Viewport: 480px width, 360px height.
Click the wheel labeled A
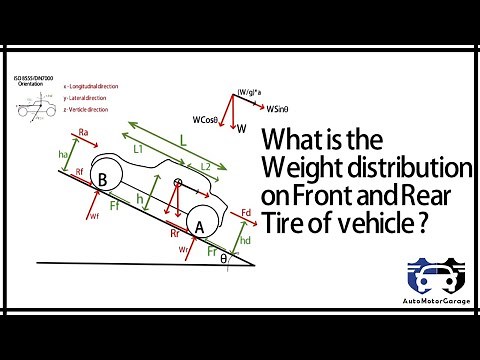(199, 228)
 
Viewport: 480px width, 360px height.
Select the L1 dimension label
(140, 149)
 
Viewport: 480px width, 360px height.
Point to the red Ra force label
(84, 132)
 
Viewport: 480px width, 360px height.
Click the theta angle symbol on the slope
(224, 257)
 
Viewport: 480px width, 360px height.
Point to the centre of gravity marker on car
(178, 184)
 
